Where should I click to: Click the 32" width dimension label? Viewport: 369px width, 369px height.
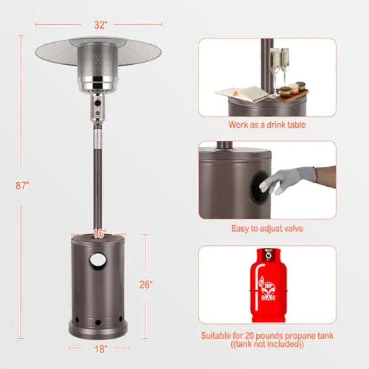click(x=101, y=25)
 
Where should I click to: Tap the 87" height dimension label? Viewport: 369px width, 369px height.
click(x=23, y=186)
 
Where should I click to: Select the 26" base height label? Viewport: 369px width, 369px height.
click(x=146, y=285)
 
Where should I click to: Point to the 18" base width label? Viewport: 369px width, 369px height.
click(x=101, y=349)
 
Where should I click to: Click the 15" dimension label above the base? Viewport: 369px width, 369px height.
click(x=100, y=234)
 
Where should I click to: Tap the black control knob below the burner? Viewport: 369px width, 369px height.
click(x=98, y=103)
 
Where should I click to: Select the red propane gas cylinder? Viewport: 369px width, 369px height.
click(x=268, y=285)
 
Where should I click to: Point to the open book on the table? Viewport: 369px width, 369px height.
click(x=242, y=93)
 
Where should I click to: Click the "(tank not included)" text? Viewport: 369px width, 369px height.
click(x=267, y=344)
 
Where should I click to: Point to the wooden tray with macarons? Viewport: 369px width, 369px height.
click(x=292, y=93)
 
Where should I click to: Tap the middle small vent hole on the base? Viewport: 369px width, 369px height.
click(x=98, y=322)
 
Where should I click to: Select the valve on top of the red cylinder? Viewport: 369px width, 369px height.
click(x=268, y=255)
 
